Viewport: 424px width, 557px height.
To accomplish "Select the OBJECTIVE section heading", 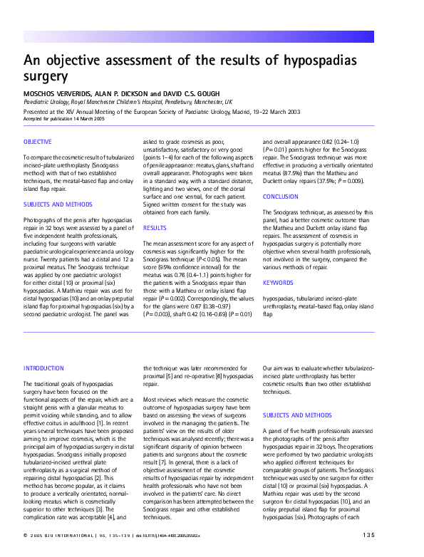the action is (38, 142).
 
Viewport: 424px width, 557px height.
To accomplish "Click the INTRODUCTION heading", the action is (44, 368).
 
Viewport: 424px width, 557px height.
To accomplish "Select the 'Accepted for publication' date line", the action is (62, 118).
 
